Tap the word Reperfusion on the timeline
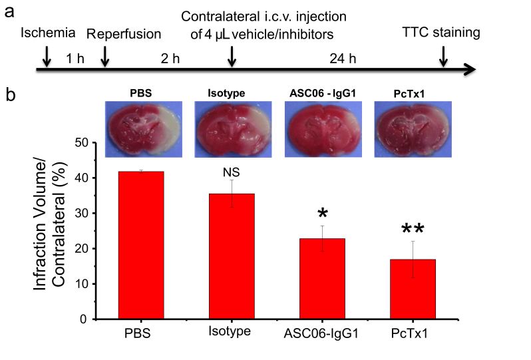124,34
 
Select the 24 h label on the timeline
343,58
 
